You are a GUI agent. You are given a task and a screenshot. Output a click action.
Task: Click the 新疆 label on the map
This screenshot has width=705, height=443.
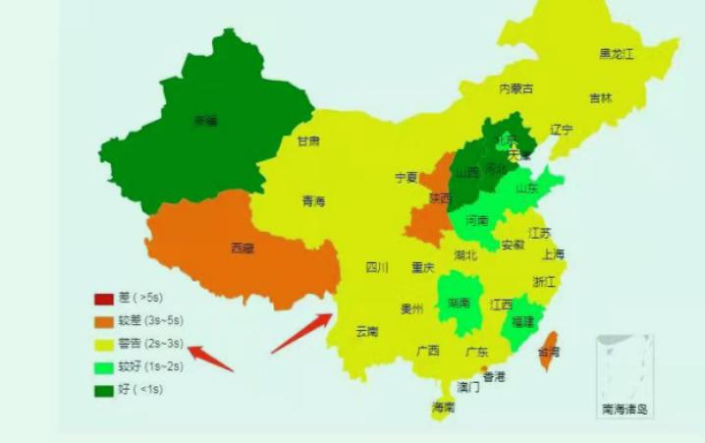pyautogui.click(x=205, y=122)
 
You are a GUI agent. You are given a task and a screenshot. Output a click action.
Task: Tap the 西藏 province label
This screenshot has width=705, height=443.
pyautogui.click(x=242, y=249)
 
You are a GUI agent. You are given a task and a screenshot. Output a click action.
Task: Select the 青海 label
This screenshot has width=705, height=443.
pyautogui.click(x=313, y=201)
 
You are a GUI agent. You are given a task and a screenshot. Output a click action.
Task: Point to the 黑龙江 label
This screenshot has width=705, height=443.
pyautogui.click(x=617, y=54)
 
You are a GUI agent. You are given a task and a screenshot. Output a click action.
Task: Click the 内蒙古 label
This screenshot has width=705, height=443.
pyautogui.click(x=516, y=88)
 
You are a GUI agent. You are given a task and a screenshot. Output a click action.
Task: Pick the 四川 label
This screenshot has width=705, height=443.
pyautogui.click(x=377, y=267)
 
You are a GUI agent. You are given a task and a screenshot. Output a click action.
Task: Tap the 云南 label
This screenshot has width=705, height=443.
pyautogui.click(x=367, y=331)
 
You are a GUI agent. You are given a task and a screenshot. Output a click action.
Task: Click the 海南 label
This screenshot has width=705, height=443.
pyautogui.click(x=443, y=407)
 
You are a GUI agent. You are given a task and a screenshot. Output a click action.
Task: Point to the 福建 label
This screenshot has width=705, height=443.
pyautogui.click(x=524, y=321)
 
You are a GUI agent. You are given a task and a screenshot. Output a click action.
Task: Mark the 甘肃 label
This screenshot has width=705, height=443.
pyautogui.click(x=308, y=141)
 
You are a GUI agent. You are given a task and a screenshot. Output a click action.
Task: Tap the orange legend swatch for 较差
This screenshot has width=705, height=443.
pyautogui.click(x=104, y=321)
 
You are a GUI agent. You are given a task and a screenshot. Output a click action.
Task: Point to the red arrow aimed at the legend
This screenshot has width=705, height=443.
pyautogui.click(x=210, y=359)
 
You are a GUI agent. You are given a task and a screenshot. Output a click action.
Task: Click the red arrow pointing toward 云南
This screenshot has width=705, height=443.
pyautogui.click(x=302, y=333)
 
